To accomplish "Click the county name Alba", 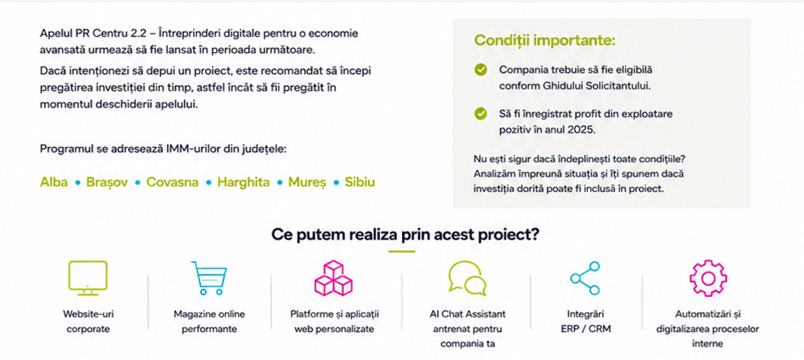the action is [x=54, y=182].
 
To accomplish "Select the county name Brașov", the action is [x=107, y=182].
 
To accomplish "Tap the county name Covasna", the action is [x=172, y=182].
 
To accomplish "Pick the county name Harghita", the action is [x=244, y=182].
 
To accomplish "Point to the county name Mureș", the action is [x=307, y=182].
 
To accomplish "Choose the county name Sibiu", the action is [x=359, y=182].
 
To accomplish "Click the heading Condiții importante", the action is [x=544, y=40].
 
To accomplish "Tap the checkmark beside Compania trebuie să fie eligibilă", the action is [x=481, y=70].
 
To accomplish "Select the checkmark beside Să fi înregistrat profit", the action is [x=481, y=114].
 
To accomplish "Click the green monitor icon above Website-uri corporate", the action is [x=88, y=278].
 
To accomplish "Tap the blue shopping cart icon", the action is [x=209, y=278].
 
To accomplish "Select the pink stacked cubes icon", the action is [x=334, y=278].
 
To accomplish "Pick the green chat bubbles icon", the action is [x=466, y=279].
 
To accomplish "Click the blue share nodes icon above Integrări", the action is [x=585, y=278].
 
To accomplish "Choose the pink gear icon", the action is [x=708, y=278].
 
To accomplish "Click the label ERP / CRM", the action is [x=586, y=329].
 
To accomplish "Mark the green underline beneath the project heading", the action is [x=401, y=252].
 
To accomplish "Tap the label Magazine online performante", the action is [x=209, y=321].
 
